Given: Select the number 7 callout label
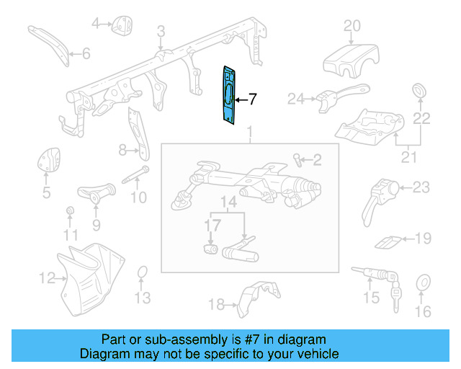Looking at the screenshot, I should click(252, 100).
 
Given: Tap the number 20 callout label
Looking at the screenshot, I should click(352, 26).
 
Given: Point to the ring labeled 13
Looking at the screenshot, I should click(143, 272).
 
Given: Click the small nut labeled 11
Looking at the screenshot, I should click(71, 210).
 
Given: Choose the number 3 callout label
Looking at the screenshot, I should click(161, 31).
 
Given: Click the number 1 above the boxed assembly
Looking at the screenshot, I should click(249, 133).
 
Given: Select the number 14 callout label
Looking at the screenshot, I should click(228, 204).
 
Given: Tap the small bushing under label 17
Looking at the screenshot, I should click(211, 249).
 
